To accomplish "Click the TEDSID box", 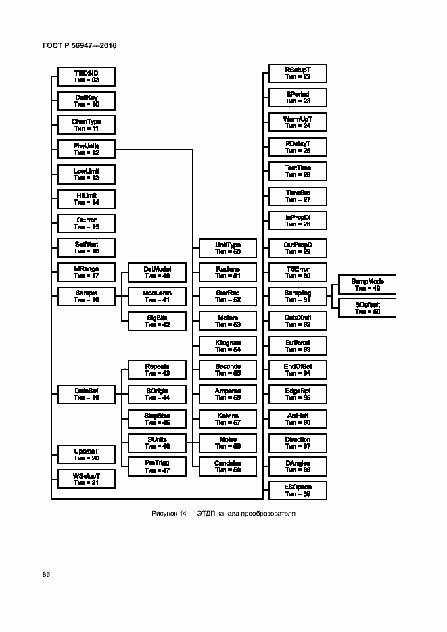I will (x=86, y=76).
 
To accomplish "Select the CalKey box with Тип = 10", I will (x=86, y=101).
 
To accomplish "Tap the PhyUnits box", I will (x=86, y=149).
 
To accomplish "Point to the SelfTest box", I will (x=86, y=247).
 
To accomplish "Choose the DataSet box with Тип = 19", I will (x=86, y=394).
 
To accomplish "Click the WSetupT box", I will (x=86, y=479).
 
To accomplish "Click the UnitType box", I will (x=227, y=248).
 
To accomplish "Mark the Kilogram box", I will (x=227, y=346).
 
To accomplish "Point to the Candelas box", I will (x=227, y=466).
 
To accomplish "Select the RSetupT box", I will (x=298, y=73).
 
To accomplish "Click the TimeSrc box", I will (x=298, y=196).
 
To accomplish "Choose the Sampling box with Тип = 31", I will (x=298, y=295).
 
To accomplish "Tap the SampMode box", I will (x=367, y=285).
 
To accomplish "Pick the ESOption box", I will (x=298, y=490).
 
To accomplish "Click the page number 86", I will (x=46, y=574).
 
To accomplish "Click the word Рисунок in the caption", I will (x=164, y=514).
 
